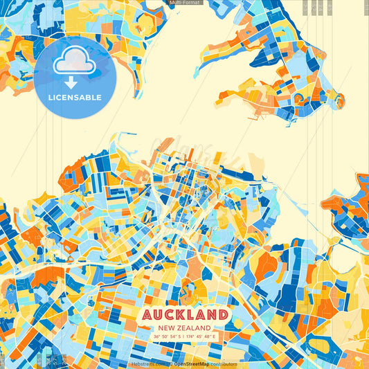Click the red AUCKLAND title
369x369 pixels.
(184, 314)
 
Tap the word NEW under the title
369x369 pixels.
(167, 327)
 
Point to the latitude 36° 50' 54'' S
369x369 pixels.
(168, 336)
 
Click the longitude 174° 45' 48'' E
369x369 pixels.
(201, 336)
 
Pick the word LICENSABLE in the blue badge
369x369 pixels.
(74, 97)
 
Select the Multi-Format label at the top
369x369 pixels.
(184, 3)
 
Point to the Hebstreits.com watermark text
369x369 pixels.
(147, 363)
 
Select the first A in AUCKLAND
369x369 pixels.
(147, 314)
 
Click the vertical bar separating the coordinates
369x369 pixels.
(185, 336)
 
